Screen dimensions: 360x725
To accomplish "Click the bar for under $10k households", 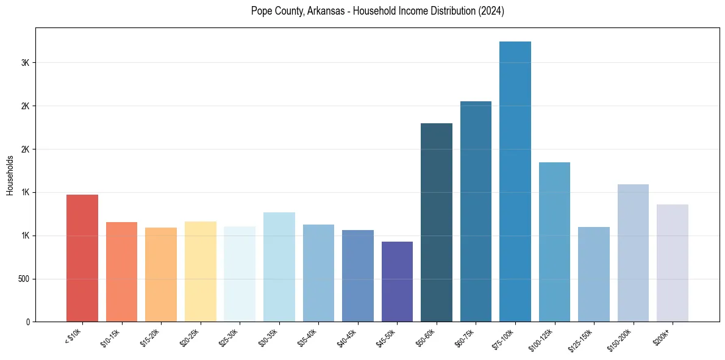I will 82,258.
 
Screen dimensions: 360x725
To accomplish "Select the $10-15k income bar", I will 121,272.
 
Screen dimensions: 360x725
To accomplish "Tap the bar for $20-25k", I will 200,272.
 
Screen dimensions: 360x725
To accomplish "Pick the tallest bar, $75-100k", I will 515,182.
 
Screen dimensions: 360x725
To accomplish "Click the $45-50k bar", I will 397,281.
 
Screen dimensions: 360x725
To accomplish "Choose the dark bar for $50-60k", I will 437,222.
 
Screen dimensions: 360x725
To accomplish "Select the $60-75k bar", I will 476,211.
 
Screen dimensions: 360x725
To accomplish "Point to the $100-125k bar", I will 554,242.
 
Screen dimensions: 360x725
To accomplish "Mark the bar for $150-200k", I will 633,253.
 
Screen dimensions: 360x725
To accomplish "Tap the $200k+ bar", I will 672,263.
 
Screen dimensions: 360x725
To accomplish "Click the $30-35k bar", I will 279,267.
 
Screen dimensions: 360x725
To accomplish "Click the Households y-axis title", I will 10,175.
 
